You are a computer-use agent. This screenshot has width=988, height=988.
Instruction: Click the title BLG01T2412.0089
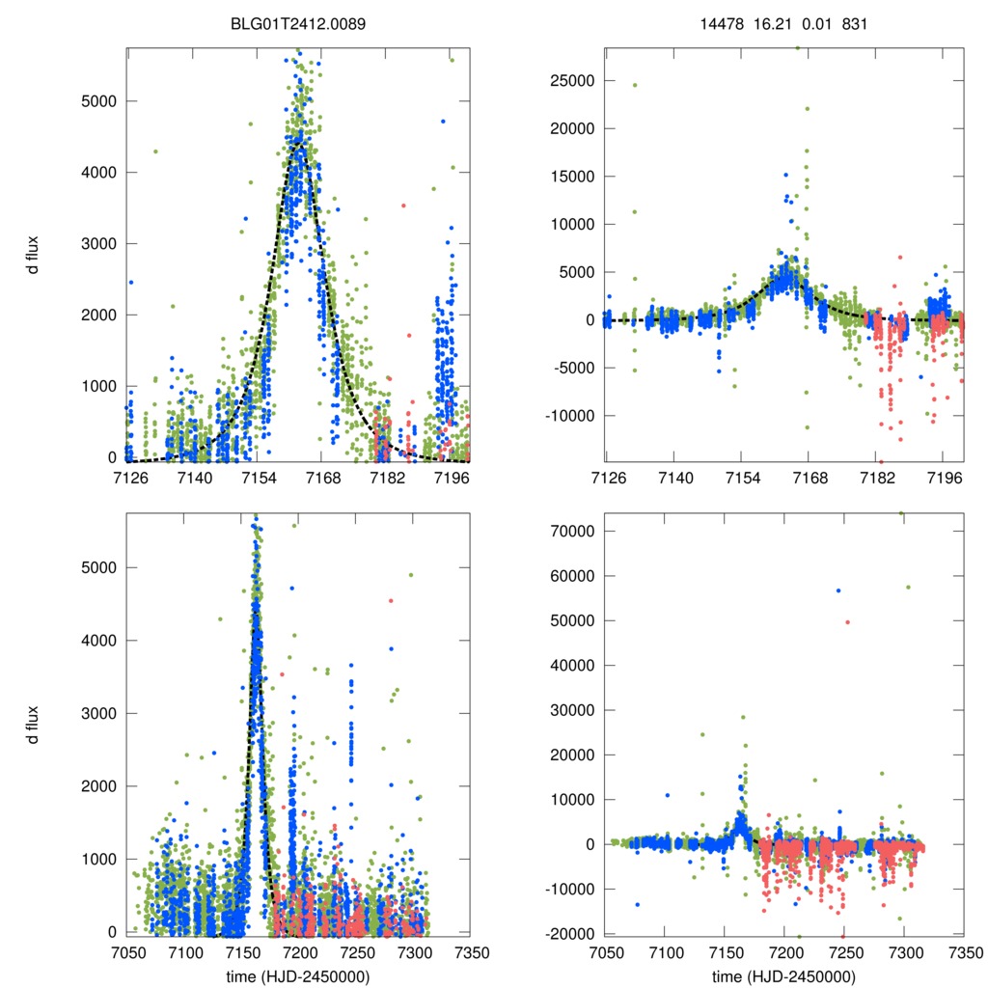coord(298,23)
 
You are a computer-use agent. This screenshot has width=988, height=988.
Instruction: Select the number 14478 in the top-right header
coord(720,23)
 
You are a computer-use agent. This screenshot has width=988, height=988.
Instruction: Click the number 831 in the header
coord(854,23)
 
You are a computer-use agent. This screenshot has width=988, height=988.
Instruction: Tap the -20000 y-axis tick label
coord(567,933)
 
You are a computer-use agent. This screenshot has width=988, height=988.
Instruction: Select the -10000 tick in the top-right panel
coord(567,416)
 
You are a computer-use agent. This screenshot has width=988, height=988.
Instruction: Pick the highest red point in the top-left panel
coord(403,205)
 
